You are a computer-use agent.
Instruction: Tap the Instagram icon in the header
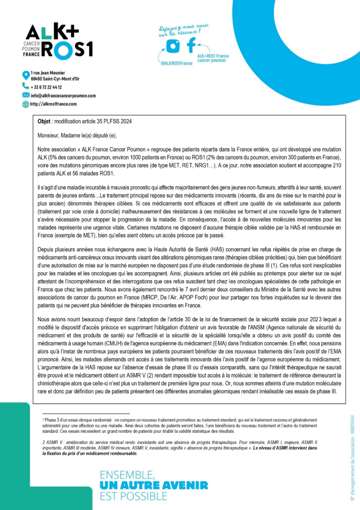coord(173,45)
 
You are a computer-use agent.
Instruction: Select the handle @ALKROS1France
coord(176,63)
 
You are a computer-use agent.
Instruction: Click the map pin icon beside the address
coord(26,75)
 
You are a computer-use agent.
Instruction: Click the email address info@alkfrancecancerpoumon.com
coord(63,95)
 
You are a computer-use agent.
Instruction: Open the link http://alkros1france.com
coord(54,104)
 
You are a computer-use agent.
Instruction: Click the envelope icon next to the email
coord(26,95)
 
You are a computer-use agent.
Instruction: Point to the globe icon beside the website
coord(26,104)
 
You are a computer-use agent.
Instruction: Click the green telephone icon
coord(26,86)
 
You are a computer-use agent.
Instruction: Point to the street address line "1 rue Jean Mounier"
coord(48,73)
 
